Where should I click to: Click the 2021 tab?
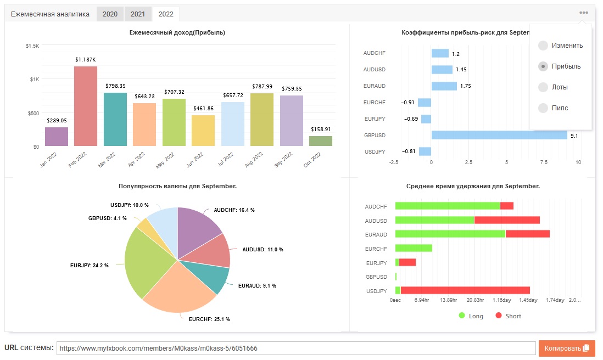pos(138,14)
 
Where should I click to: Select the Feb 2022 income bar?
pos(86,106)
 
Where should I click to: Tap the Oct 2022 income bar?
pos(321,141)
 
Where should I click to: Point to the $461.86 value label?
pos(203,108)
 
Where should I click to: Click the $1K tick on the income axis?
pos(35,80)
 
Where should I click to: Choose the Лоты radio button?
pos(543,87)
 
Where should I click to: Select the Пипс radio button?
pos(543,108)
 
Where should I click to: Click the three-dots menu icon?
pos(584,13)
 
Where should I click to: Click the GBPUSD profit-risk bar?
pos(499,135)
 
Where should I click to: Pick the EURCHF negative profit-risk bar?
pos(425,103)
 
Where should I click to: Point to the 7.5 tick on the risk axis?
pos(544,162)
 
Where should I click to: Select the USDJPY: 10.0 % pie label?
pos(130,205)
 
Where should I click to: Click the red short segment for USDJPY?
pos(465,290)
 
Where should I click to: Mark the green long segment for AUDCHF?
pos(448,206)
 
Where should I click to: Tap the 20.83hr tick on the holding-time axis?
pos(476,300)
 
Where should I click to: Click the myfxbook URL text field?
pos(296,348)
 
